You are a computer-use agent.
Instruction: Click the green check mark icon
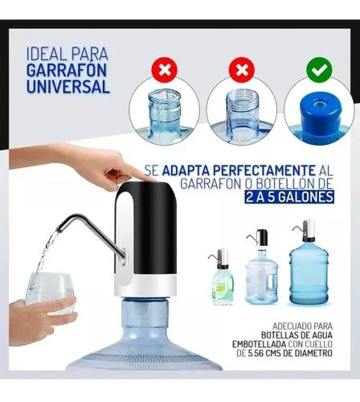click(319, 70)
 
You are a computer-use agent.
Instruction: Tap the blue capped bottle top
click(320, 115)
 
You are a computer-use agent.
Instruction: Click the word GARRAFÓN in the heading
click(67, 70)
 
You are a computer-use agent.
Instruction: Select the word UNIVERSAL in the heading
click(68, 86)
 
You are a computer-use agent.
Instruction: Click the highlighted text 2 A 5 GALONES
click(289, 197)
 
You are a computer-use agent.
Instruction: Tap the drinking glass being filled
click(49, 292)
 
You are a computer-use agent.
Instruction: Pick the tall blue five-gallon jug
click(309, 263)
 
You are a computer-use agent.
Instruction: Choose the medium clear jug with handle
click(262, 268)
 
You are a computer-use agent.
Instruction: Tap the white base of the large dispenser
click(145, 286)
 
